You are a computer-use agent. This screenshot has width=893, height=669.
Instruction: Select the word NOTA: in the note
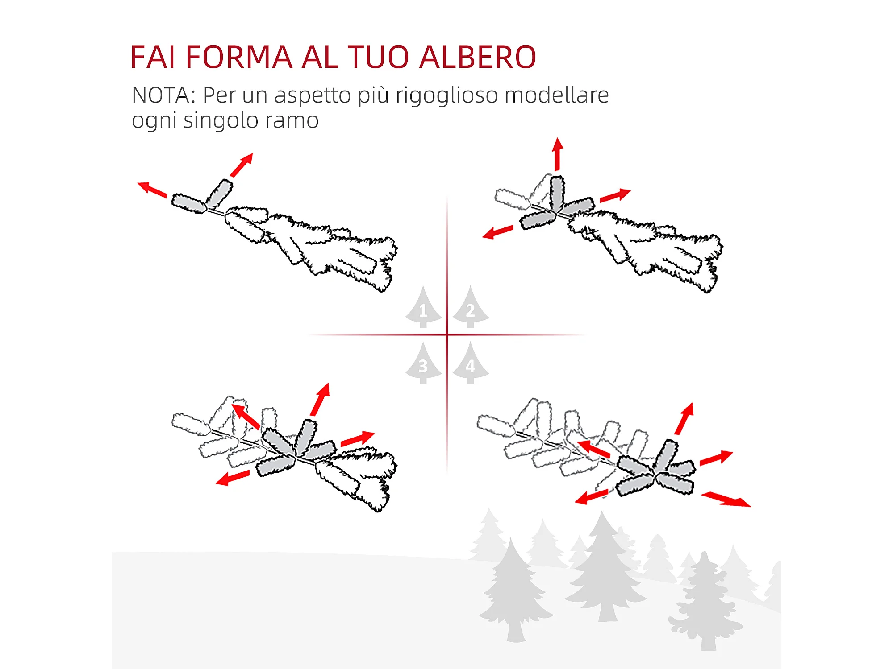[164, 95]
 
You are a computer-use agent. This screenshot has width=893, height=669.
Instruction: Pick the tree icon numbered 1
[423, 308]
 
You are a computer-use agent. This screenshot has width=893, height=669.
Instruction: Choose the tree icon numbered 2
[471, 308]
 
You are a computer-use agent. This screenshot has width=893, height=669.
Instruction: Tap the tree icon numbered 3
[423, 364]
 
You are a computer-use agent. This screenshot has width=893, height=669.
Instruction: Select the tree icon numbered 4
[471, 364]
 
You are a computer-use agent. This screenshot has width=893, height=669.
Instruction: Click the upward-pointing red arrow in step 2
[557, 154]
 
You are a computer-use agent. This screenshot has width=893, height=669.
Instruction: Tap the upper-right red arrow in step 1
[242, 165]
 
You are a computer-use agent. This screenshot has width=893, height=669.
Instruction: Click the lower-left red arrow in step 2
[497, 232]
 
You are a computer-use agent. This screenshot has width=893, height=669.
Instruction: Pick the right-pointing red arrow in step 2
[615, 196]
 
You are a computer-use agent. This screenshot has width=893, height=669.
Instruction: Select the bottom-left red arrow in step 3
[232, 478]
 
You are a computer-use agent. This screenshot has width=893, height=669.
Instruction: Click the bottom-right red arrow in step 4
[726, 499]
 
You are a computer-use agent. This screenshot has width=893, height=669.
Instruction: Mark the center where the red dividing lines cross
[447, 334]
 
